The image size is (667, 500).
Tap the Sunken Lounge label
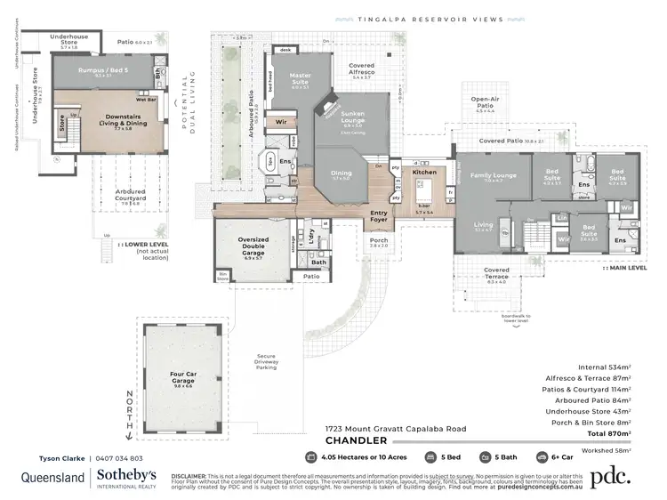(x=353, y=117)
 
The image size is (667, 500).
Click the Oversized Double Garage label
(x=253, y=245)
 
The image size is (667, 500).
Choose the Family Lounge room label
(x=493, y=175)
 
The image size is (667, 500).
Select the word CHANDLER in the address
(x=355, y=440)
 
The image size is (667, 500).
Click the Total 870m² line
(x=601, y=433)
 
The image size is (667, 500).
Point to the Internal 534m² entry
(x=604, y=367)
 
